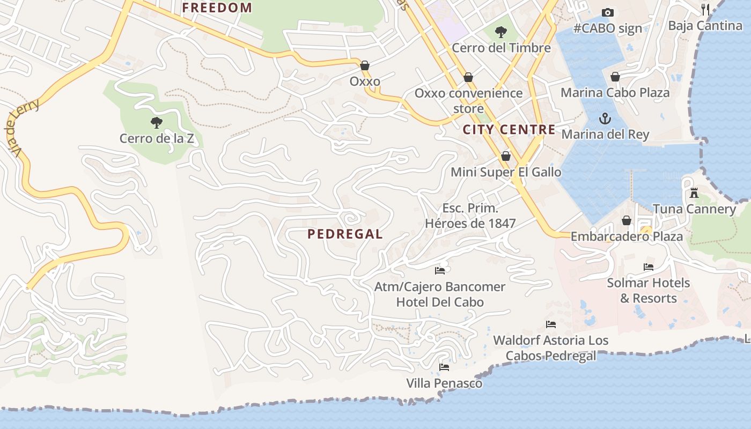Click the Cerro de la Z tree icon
[156, 123]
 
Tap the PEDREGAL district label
[345, 234]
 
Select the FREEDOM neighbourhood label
[217, 8]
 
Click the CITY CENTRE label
[509, 129]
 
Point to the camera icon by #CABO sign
[607, 12]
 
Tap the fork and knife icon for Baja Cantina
[705, 9]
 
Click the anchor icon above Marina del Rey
[605, 118]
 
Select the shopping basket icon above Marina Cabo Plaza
[615, 77]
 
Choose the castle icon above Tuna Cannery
[694, 193]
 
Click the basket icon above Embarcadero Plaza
[626, 220]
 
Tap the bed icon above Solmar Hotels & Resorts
[648, 267]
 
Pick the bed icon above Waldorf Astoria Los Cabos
[550, 324]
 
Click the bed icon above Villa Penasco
[444, 367]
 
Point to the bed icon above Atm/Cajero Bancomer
[440, 270]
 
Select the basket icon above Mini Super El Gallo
[505, 156]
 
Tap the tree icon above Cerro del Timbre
[500, 32]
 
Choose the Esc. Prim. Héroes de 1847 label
[470, 216]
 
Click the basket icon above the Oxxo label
[365, 65]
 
